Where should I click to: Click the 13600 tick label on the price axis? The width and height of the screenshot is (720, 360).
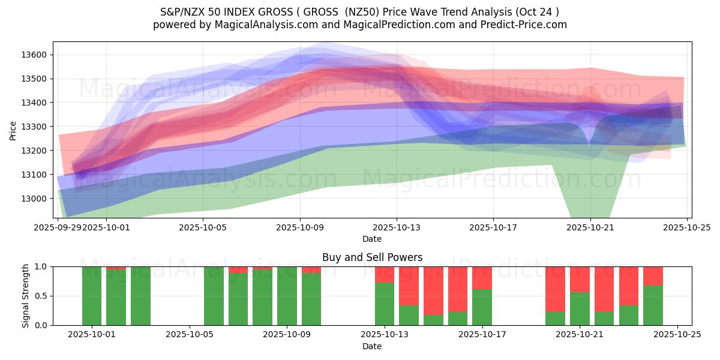click(34, 55)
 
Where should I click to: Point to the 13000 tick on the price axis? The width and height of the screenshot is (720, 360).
click(34, 199)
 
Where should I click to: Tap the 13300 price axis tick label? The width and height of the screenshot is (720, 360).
click(34, 127)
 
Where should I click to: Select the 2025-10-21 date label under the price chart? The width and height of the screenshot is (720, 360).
click(590, 227)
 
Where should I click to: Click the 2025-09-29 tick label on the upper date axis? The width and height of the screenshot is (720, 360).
click(58, 227)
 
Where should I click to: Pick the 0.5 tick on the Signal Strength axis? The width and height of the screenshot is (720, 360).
click(41, 296)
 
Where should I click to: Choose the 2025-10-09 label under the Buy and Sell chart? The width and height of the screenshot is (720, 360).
click(287, 335)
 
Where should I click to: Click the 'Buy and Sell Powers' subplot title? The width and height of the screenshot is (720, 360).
click(372, 257)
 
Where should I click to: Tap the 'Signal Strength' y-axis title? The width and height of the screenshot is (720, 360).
click(25, 296)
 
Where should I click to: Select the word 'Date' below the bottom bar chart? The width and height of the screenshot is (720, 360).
click(372, 346)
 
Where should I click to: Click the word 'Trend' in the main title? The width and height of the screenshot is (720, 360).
click(431, 12)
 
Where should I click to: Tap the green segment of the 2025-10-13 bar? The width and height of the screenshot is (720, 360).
click(385, 304)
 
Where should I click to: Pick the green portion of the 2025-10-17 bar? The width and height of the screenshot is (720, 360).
click(482, 307)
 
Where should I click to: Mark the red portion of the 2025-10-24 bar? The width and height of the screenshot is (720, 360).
click(653, 276)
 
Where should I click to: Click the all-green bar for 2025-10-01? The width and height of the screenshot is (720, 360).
click(92, 296)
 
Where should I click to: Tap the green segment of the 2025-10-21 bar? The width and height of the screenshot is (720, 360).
click(580, 308)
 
